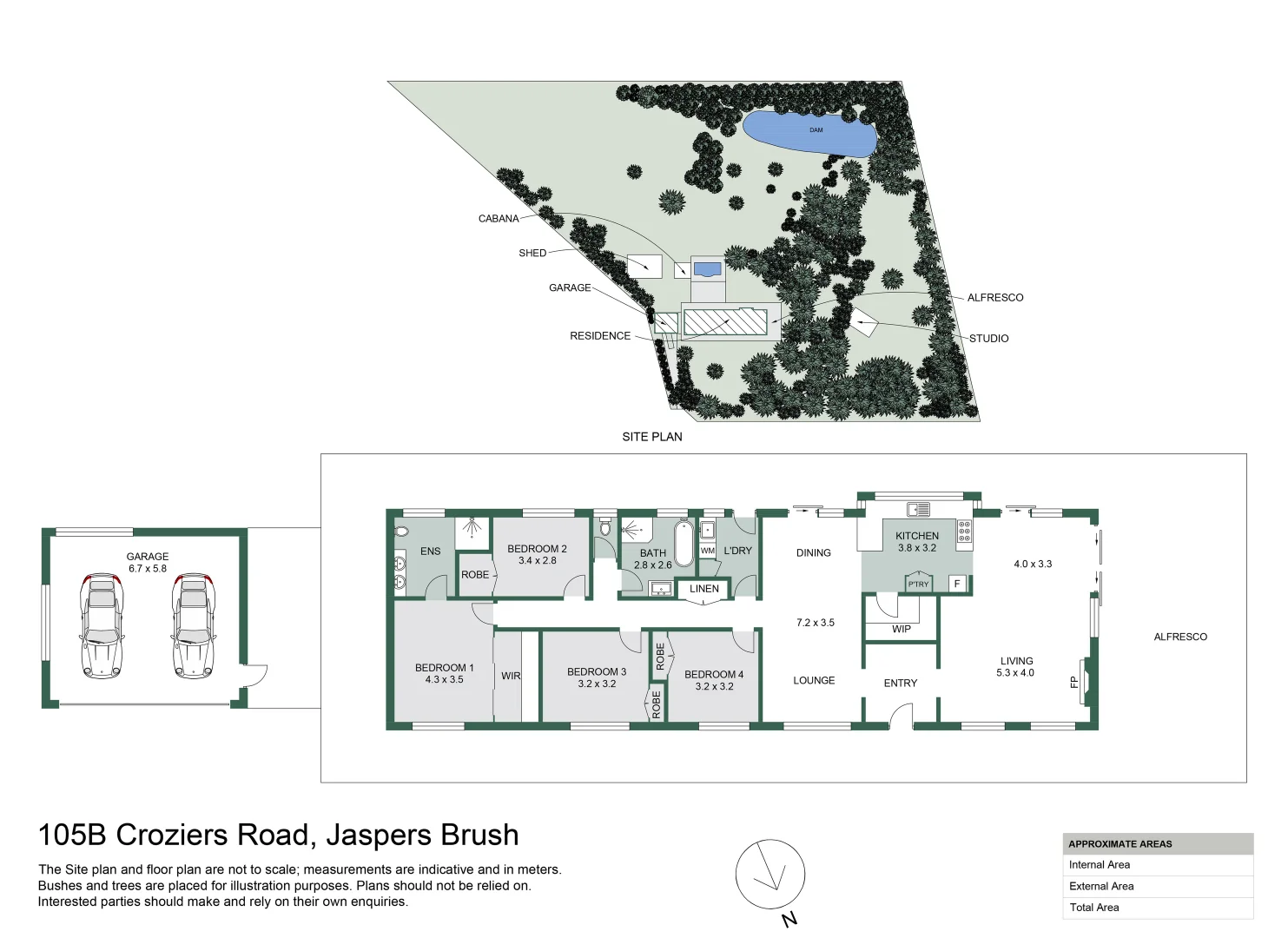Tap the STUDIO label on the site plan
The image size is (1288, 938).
pos(988,339)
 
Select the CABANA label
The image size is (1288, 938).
pos(499,219)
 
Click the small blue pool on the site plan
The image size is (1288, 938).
pos(707,268)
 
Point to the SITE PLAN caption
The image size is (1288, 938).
pos(652,437)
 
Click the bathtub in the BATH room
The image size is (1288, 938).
pos(684,543)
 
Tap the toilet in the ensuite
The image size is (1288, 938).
pos(401,531)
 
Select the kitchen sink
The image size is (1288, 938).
pos(918,509)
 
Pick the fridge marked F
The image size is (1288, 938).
pos(957,584)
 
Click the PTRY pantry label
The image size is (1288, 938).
pos(918,584)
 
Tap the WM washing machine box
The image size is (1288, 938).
pos(708,551)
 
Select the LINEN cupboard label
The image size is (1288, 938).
pos(703,588)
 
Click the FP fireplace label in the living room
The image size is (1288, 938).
pos(1073,682)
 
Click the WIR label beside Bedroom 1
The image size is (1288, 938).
pos(511,676)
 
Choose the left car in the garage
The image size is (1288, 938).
pos(102,625)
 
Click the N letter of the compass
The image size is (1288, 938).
pos(790,919)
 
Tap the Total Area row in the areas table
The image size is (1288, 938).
pos(1158,908)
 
